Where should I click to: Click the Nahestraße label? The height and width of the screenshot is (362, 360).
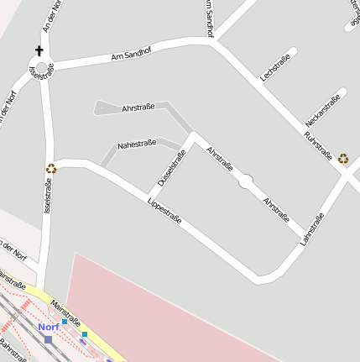coord(137,145)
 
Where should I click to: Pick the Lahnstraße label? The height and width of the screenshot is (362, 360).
coord(312,229)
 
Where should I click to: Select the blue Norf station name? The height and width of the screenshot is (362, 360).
coord(48,327)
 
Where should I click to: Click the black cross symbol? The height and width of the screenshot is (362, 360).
coord(39,51)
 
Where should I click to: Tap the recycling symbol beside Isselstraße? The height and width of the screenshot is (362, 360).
coord(50,168)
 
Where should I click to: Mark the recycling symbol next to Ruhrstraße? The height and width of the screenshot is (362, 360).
coord(343,157)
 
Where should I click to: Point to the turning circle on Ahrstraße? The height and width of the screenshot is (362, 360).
coord(245,181)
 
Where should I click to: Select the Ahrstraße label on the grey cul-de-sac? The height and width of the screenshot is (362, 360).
coord(138,108)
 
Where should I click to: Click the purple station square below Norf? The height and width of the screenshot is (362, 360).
coord(48,339)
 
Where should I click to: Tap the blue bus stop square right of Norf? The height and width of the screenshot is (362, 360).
coord(64,322)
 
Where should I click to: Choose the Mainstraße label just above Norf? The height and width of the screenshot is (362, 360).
coord(65,310)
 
